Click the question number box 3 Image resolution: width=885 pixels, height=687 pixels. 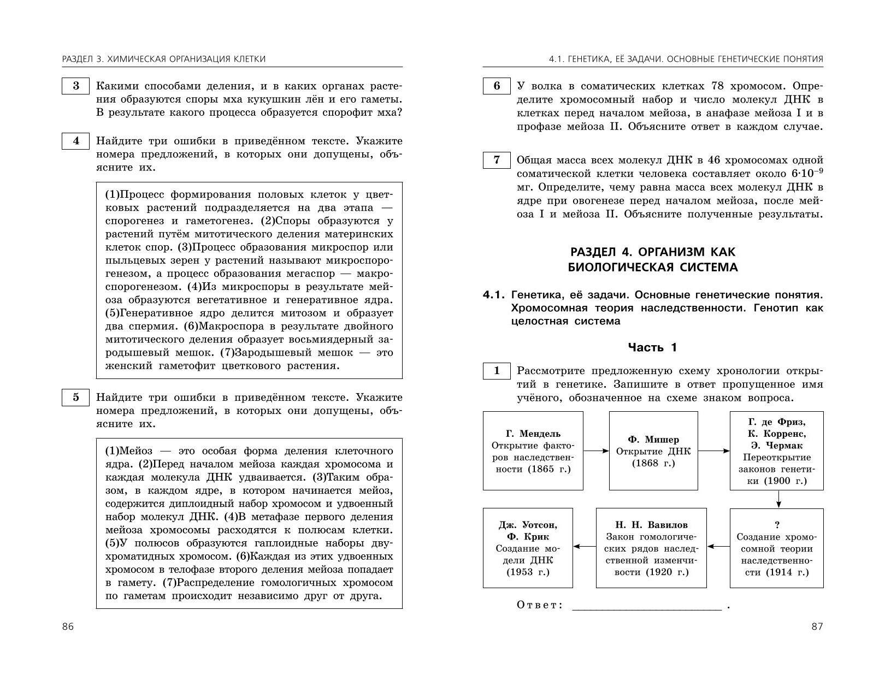pos(75,86)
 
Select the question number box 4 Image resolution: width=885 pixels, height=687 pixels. pos(75,141)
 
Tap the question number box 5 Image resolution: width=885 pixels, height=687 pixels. pos(75,398)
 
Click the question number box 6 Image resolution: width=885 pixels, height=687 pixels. pos(497,86)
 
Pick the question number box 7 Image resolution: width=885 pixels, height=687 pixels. pos(497,160)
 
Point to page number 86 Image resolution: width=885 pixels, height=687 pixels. pos(68,626)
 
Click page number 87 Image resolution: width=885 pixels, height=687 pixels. pos(817,626)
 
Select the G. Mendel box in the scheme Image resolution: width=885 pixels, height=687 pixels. pos(533,451)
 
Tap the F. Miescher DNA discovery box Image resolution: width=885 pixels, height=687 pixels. pos(653,451)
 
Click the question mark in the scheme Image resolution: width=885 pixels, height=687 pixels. pos(777,525)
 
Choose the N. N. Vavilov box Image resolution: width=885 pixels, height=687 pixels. pos(651,548)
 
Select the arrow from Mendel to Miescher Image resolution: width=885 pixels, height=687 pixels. pos(596,451)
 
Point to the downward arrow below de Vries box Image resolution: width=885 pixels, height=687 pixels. pos(778,499)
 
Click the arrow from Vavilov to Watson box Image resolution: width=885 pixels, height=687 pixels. pos(585,546)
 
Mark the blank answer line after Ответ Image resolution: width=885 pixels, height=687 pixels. pos(647,607)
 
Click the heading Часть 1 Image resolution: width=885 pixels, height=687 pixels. pos(652,347)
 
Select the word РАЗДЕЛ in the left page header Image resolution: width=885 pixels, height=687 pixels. pos(80,59)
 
